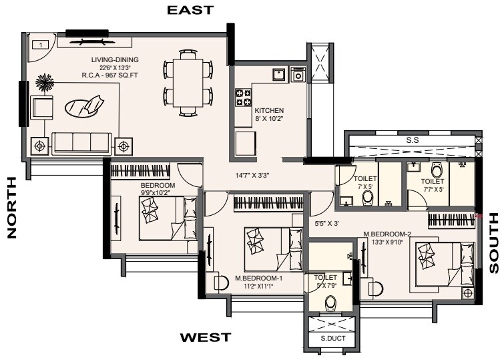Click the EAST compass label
coord(190,10)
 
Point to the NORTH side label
coord(11,207)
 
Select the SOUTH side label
coord(494,242)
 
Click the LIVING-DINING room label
coord(114,60)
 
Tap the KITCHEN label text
coord(270,110)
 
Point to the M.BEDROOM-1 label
coord(259,278)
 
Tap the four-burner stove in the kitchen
coord(242,98)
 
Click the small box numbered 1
coord(41,45)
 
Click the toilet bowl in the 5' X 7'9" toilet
coord(330,304)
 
